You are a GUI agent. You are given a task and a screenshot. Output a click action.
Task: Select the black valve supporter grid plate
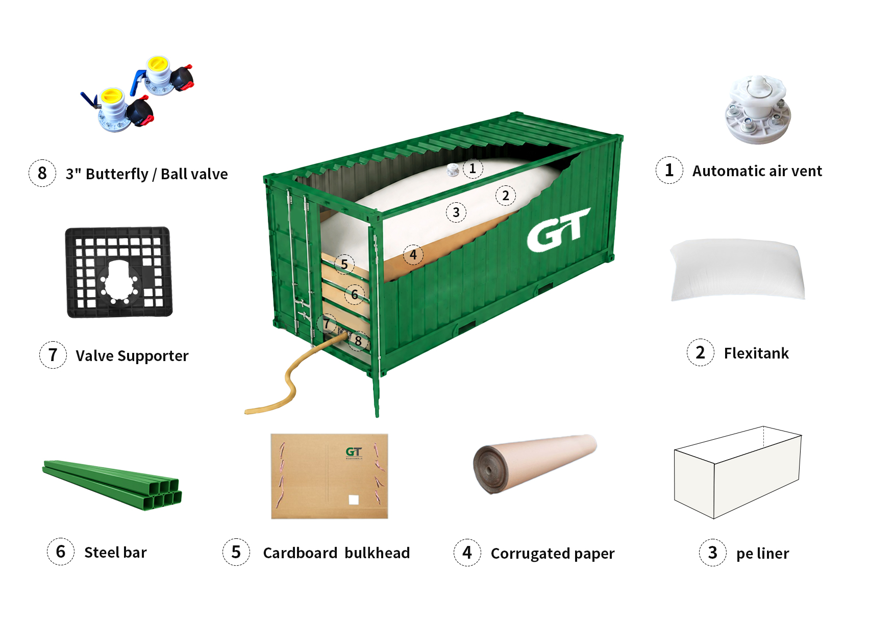tap(119, 272)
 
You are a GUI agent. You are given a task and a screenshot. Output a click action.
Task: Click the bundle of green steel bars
tap(112, 485)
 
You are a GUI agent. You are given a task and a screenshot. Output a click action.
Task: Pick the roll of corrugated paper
tap(535, 464)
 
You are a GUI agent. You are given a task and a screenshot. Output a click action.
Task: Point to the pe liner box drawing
tap(737, 472)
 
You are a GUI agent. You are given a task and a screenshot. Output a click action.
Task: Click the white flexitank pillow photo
tap(737, 270)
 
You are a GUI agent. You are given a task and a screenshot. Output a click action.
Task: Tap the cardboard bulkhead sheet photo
tap(329, 476)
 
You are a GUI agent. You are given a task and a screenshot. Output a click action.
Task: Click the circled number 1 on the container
tap(473, 169)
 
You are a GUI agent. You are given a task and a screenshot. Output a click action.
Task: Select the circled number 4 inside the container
tap(413, 255)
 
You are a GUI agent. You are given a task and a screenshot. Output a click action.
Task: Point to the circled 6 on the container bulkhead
tap(355, 294)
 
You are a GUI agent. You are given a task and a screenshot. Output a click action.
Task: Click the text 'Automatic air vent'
tap(757, 171)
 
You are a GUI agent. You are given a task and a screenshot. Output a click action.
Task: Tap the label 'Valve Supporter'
tap(132, 356)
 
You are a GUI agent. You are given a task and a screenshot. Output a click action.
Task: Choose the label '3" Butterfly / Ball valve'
tap(146, 174)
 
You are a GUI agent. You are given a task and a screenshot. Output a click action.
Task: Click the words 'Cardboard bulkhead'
tap(336, 553)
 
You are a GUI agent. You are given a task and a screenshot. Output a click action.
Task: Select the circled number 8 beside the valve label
tap(42, 173)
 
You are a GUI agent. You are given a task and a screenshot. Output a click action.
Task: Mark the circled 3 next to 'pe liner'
tap(713, 553)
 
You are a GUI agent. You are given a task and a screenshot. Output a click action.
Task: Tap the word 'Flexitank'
tap(756, 353)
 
